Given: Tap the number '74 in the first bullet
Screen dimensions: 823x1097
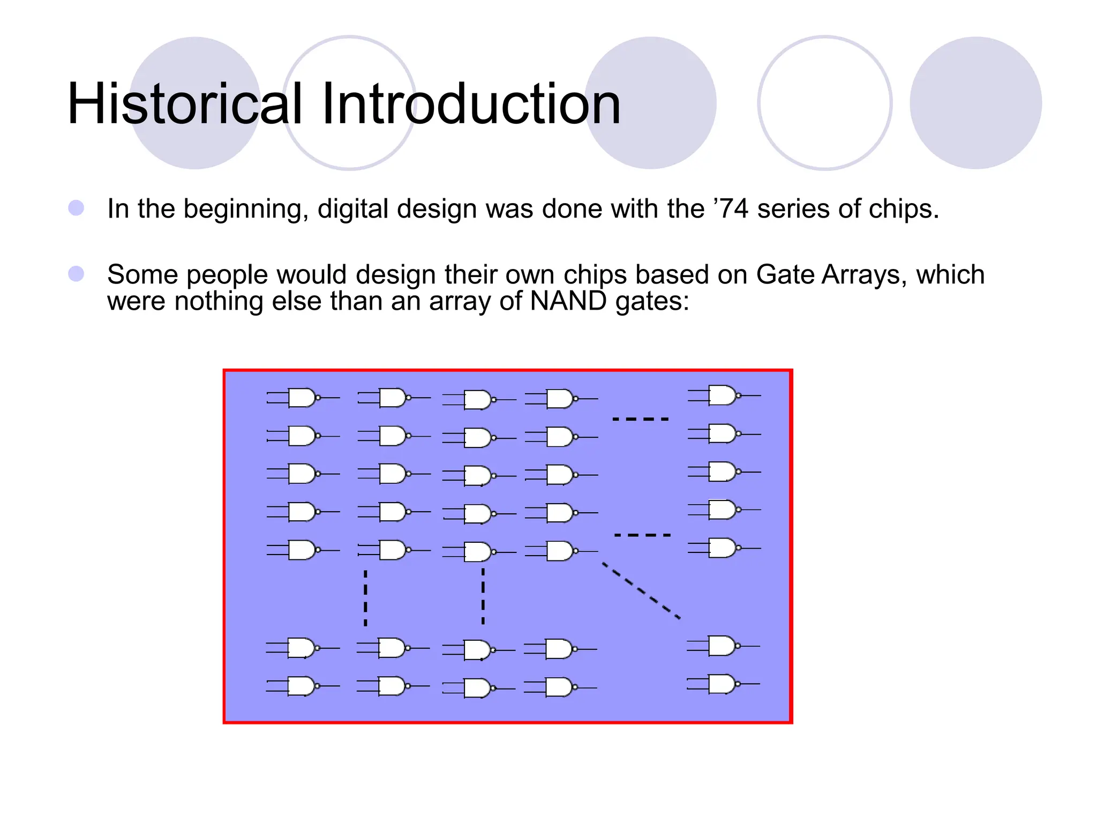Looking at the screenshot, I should (731, 208).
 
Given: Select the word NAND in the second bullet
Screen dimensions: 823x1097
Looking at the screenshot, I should (568, 301).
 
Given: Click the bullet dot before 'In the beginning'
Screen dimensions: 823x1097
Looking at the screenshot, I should (76, 208).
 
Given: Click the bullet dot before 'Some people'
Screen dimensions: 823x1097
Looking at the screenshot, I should (76, 274).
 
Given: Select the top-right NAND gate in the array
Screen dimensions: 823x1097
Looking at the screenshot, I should (723, 395).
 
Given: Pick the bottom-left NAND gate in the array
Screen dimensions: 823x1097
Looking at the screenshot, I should (302, 686).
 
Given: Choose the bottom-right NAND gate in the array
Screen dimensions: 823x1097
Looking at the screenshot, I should (723, 684).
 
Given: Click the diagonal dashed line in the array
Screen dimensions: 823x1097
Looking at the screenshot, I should (641, 590).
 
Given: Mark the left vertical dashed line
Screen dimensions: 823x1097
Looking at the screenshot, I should (365, 597).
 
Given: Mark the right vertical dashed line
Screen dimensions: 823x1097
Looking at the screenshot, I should (483, 596).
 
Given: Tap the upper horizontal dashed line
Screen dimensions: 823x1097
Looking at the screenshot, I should (641, 419).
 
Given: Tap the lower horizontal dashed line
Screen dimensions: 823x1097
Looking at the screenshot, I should (642, 535).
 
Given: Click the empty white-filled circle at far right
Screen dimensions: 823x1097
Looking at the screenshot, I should (825, 103).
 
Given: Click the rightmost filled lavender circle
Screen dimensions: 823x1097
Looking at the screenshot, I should (975, 103).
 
